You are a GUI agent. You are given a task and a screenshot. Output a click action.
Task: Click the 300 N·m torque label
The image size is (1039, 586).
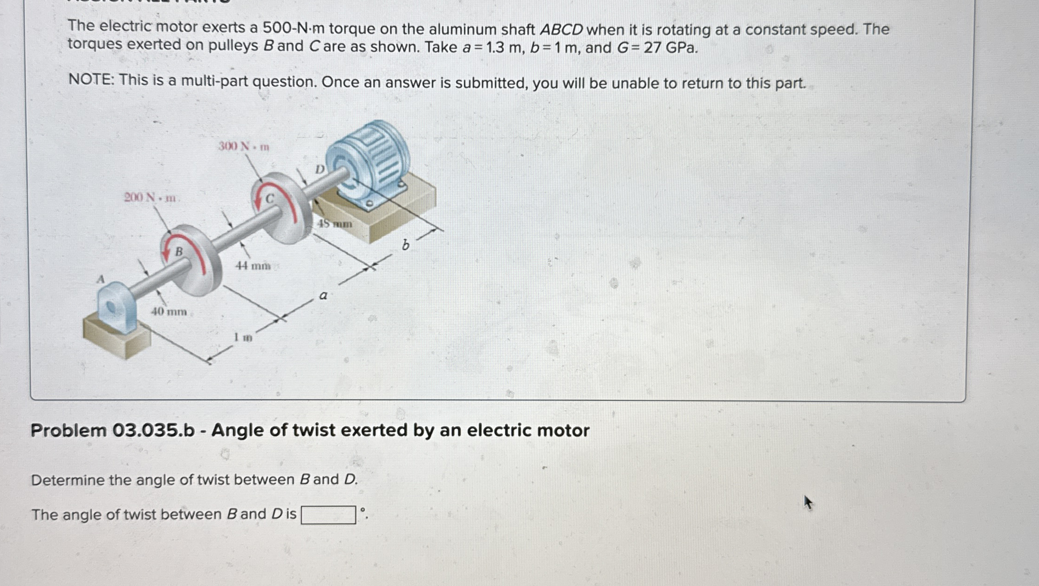pos(244,147)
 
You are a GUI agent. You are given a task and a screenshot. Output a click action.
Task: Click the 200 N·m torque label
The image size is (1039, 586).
pos(150,198)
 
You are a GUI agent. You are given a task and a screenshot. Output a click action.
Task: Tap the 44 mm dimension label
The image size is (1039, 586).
pos(253,266)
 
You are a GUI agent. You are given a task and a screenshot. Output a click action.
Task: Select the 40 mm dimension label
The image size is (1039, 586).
pos(169,311)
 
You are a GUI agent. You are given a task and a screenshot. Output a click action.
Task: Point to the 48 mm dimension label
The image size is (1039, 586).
pos(335,224)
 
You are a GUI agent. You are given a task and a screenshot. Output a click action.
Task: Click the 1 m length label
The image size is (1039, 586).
pos(243,337)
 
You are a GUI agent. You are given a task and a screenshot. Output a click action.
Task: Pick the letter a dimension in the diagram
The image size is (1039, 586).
pos(323,296)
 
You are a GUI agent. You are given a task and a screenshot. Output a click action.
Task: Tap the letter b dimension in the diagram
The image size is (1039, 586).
pos(406,245)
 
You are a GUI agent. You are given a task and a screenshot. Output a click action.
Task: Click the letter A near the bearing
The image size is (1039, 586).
pos(100,279)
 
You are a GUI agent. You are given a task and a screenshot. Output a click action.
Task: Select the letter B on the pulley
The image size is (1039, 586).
pos(179,252)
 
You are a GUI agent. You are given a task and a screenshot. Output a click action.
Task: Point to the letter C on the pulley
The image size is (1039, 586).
pos(270,199)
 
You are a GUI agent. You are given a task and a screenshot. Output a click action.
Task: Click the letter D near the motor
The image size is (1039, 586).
pos(320,169)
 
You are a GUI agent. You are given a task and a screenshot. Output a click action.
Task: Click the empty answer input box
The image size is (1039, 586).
pos(328,515)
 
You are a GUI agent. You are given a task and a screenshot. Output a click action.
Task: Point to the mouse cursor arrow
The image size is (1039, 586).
pos(808,502)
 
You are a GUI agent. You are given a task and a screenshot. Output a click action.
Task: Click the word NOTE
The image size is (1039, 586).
pos(91,81)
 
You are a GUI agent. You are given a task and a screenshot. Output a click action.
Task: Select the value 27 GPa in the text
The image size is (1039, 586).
pos(670,48)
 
